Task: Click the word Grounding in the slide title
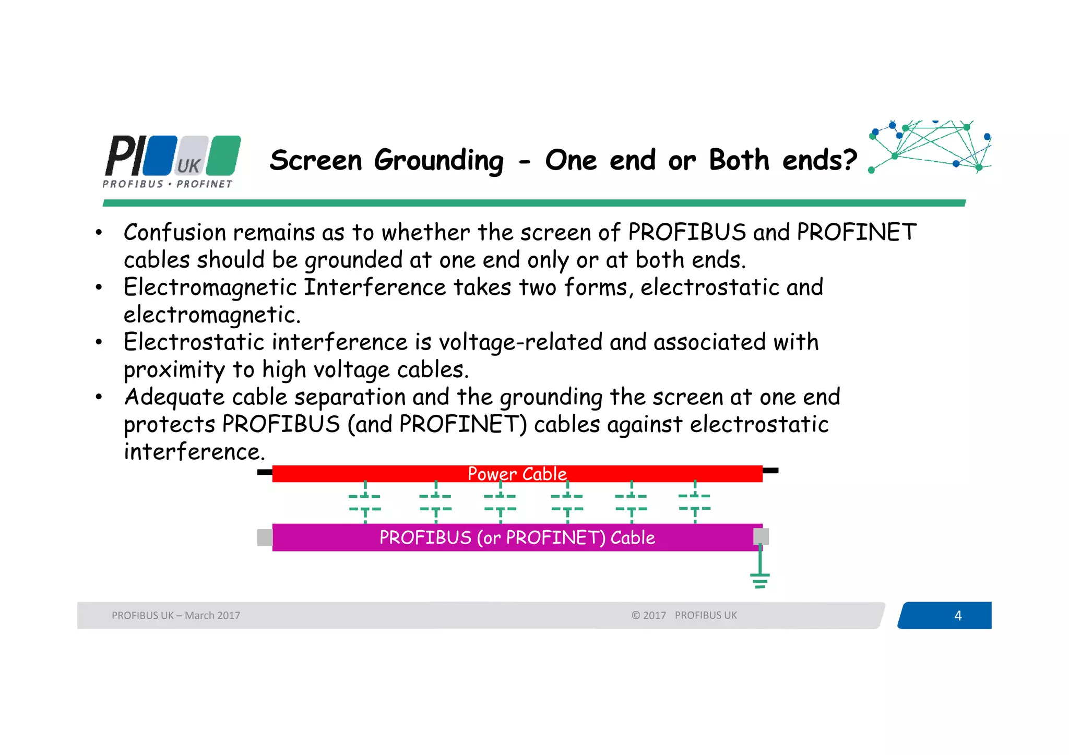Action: tap(438, 161)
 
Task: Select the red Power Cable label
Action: tap(517, 474)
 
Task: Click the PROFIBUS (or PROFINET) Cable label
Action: tap(517, 537)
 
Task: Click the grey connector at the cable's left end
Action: tap(265, 537)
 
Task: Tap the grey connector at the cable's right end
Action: tap(761, 536)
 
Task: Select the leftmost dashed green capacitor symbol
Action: tap(365, 502)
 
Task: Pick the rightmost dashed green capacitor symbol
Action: tap(695, 501)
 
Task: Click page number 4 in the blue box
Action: tap(957, 616)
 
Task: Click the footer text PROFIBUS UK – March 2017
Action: tap(175, 616)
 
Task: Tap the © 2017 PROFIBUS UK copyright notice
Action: tap(684, 616)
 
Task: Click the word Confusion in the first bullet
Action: tap(174, 233)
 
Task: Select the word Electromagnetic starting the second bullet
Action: tap(210, 287)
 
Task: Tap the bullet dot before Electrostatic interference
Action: tap(99, 343)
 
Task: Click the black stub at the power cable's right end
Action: tap(770, 471)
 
